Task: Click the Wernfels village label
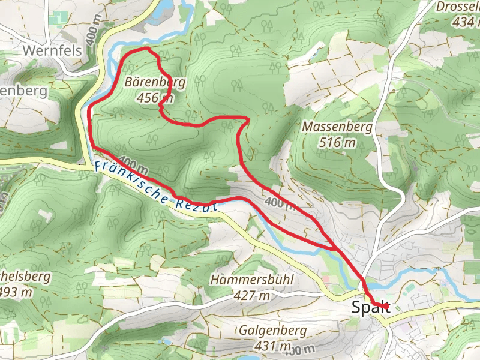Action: pos(52,51)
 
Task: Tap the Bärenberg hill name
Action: pos(155,82)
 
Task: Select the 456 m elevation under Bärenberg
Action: pos(155,97)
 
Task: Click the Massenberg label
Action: pos(337,127)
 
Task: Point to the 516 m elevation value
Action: pos(337,143)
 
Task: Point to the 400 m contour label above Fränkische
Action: pos(133,163)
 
